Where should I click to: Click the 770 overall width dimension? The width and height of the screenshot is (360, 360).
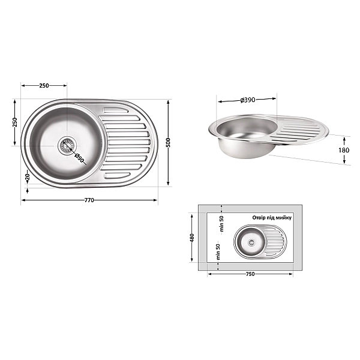pyautogui.click(x=89, y=199)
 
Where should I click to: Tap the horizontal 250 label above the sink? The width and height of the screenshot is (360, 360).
pyautogui.click(x=44, y=86)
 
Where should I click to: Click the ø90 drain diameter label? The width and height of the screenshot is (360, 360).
pyautogui.click(x=80, y=158)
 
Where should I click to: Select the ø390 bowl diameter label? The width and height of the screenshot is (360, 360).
pyautogui.click(x=247, y=100)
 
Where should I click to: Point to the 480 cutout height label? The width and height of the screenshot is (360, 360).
pyautogui.click(x=193, y=238)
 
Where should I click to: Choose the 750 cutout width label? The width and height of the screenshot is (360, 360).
pyautogui.click(x=250, y=274)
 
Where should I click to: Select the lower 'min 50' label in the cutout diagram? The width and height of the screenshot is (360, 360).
pyautogui.click(x=218, y=250)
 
